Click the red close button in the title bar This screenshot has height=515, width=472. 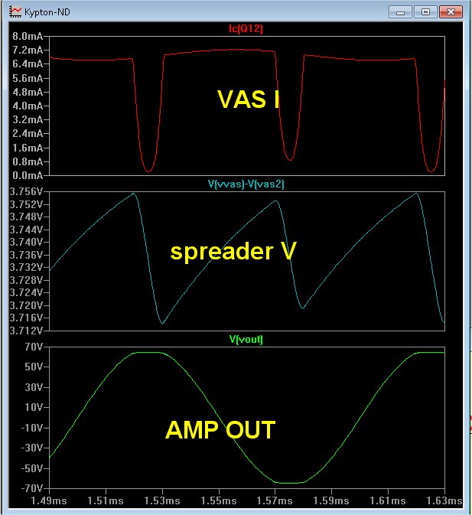coord(451,12)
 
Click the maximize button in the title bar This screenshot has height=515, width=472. coord(425,12)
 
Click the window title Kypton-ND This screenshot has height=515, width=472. coord(47,12)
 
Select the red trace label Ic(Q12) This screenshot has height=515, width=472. coord(246,29)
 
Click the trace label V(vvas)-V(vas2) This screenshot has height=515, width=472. coord(246,184)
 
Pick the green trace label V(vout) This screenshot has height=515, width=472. coord(246,339)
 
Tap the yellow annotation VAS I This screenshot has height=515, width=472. coord(248,99)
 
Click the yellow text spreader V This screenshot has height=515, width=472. coord(233,252)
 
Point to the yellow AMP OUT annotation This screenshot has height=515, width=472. coord(220,429)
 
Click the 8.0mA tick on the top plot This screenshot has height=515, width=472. coord(28,36)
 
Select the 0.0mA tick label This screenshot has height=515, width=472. coord(28,175)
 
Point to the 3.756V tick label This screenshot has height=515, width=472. coord(26,191)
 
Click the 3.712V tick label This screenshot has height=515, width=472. coord(26,331)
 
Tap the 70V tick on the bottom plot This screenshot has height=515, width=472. coord(34,347)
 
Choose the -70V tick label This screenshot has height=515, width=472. coord(32,488)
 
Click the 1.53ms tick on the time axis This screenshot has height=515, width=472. coord(162,500)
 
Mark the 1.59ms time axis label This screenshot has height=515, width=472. coord(331,500)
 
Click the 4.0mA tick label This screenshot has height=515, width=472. coord(28,106)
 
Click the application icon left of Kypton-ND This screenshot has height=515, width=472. coord(15,12)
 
